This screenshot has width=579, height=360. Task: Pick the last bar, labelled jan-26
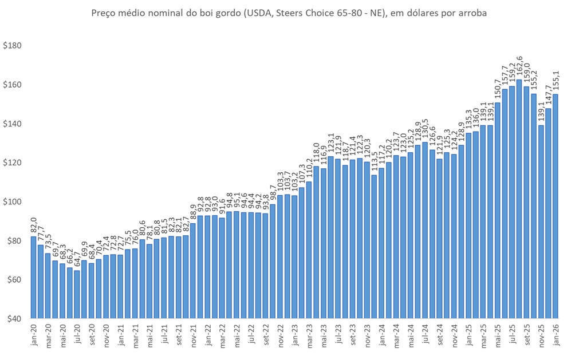click(x=555, y=206)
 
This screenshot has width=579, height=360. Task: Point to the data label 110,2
click(x=309, y=168)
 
